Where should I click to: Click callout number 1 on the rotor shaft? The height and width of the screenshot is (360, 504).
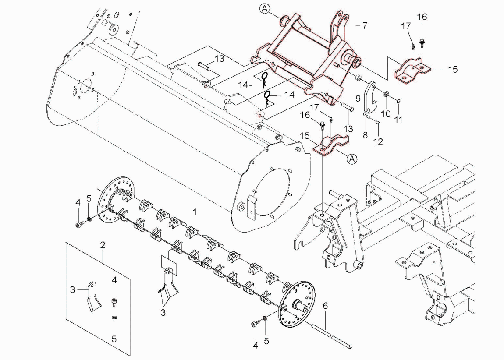point(195,212)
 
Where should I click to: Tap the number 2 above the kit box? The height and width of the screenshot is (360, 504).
point(103,245)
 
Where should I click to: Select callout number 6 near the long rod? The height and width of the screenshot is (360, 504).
point(325,306)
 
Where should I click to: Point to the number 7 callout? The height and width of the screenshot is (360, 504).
point(365,26)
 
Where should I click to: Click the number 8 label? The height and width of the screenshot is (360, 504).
point(365,135)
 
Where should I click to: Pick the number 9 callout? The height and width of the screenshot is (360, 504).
point(358,97)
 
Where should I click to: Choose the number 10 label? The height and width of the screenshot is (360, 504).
point(386,114)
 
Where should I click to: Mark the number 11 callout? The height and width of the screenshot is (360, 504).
point(398,120)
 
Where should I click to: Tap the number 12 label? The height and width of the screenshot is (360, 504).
point(378,141)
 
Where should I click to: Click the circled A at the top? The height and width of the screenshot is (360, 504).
point(265,9)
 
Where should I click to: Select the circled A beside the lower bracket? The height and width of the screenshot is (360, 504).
point(353,159)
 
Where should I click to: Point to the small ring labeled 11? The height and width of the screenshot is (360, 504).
point(398,101)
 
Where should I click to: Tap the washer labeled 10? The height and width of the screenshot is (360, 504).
point(386,94)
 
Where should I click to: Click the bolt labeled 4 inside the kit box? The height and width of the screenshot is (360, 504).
point(114,301)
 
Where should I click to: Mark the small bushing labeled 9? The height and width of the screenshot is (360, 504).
point(358,78)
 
